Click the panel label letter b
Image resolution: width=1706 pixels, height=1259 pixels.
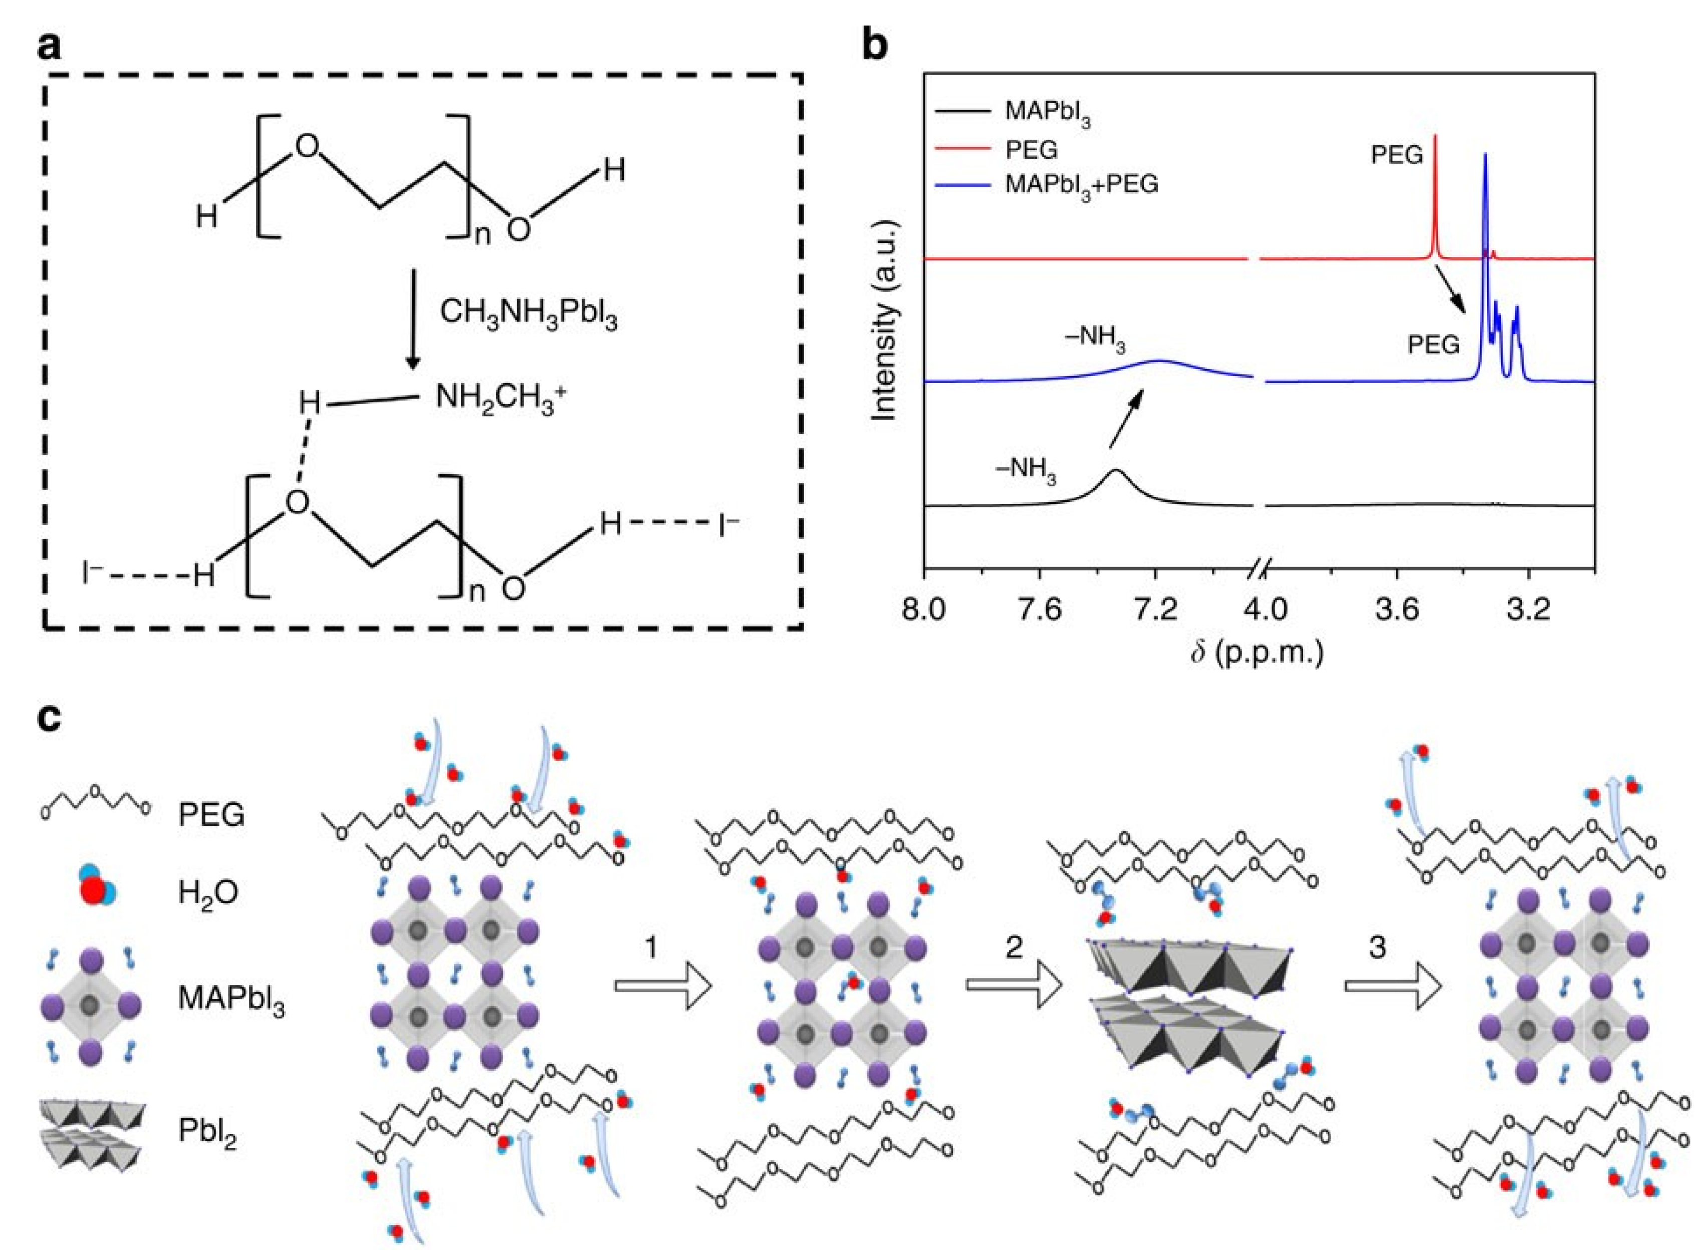coord(874,46)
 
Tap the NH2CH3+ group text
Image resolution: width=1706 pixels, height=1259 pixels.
coord(501,399)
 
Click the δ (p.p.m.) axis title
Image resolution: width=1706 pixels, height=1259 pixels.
coord(1258,653)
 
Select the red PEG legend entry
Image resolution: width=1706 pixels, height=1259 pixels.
coord(1032,150)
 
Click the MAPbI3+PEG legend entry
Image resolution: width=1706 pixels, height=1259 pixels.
coord(1081,184)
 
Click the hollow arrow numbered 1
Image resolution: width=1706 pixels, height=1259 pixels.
coord(662,986)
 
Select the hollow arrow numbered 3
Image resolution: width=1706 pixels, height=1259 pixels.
coord(1392,986)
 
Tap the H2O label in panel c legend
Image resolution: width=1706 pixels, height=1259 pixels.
coord(208,891)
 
